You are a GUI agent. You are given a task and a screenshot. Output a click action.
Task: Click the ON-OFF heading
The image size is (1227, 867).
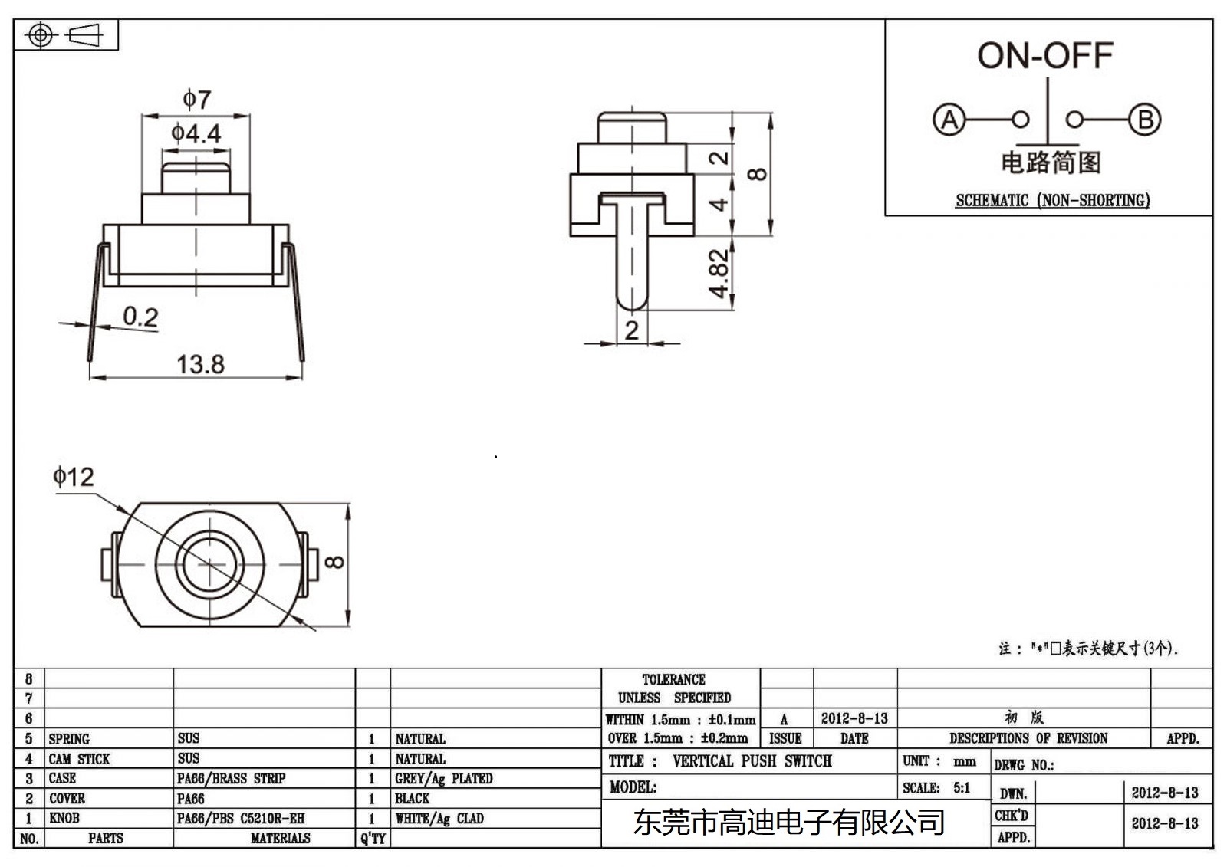tap(1044, 55)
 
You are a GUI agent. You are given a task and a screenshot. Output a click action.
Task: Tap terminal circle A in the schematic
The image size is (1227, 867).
tap(949, 120)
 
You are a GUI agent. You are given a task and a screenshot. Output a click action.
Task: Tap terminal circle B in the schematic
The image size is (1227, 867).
tap(1144, 120)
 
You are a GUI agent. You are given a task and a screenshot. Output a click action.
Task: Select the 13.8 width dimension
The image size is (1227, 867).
tap(200, 364)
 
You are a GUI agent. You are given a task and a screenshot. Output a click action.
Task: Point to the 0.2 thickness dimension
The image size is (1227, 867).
tap(140, 317)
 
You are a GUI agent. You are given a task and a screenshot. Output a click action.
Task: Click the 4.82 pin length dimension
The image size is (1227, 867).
tap(718, 273)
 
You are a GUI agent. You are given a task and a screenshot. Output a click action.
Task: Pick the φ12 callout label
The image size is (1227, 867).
tap(74, 478)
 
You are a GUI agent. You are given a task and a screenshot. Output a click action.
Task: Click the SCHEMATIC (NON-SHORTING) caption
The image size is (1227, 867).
tap(1052, 201)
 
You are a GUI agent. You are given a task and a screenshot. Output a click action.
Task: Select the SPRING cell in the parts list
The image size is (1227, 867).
tap(69, 739)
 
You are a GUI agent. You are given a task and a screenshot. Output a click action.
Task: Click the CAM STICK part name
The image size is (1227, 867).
tap(79, 759)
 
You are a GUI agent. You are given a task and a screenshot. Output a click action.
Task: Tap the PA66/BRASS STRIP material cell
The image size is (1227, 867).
tap(231, 779)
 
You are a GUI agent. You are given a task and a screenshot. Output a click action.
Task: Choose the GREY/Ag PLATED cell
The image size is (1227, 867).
tap(443, 779)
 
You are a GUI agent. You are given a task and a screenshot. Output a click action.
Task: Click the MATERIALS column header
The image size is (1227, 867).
tap(280, 839)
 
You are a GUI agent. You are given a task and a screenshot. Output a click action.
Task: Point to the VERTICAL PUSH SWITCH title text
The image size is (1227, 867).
tap(752, 761)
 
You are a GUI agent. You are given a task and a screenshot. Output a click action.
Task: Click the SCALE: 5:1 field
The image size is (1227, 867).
tap(936, 788)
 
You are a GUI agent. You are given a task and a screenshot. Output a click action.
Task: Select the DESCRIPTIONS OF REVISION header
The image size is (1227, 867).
tap(1028, 738)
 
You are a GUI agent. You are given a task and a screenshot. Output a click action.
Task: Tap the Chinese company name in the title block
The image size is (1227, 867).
tap(788, 823)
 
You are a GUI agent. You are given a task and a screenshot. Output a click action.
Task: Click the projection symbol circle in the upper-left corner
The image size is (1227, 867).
tap(41, 35)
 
